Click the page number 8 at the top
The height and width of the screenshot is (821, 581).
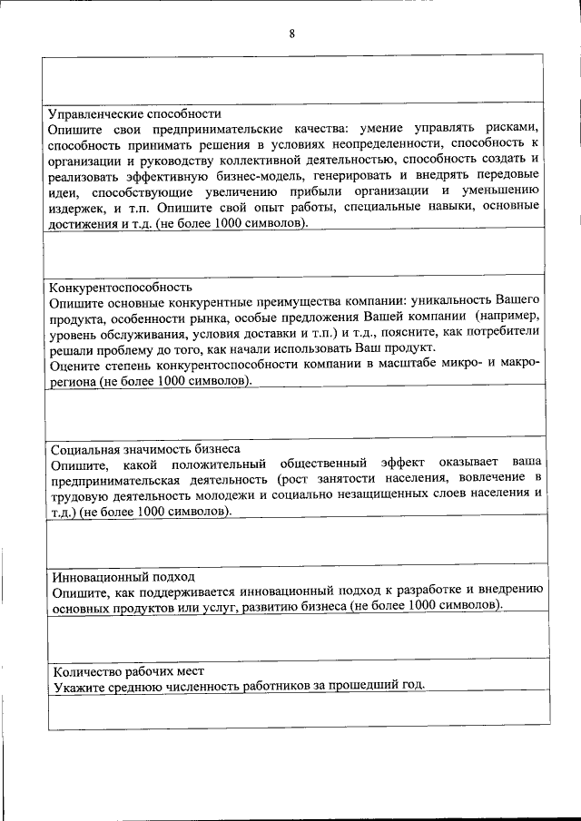point(291,34)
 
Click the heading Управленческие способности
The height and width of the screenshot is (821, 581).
point(135,114)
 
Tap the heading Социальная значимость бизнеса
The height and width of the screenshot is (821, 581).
point(145,448)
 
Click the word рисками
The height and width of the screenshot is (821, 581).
point(516,129)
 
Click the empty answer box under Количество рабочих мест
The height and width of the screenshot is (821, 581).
point(300,713)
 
